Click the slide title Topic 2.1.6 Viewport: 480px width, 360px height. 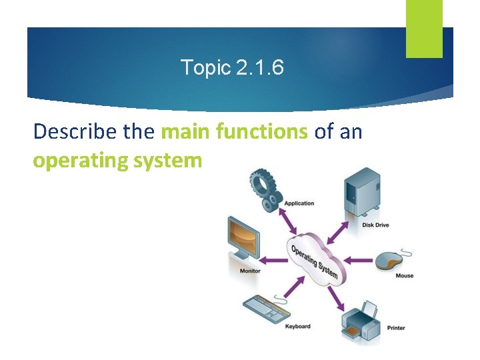(233, 67)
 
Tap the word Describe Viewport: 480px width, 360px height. (75, 132)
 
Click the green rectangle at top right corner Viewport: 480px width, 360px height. (424, 28)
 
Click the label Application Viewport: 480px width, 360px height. (299, 203)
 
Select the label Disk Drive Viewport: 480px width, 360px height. (375, 225)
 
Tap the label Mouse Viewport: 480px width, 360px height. (404, 276)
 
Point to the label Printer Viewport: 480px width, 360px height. (395, 328)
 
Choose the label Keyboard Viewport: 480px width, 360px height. (297, 327)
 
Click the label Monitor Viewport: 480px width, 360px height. (249, 271)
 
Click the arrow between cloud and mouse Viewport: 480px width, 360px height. (361, 259)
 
